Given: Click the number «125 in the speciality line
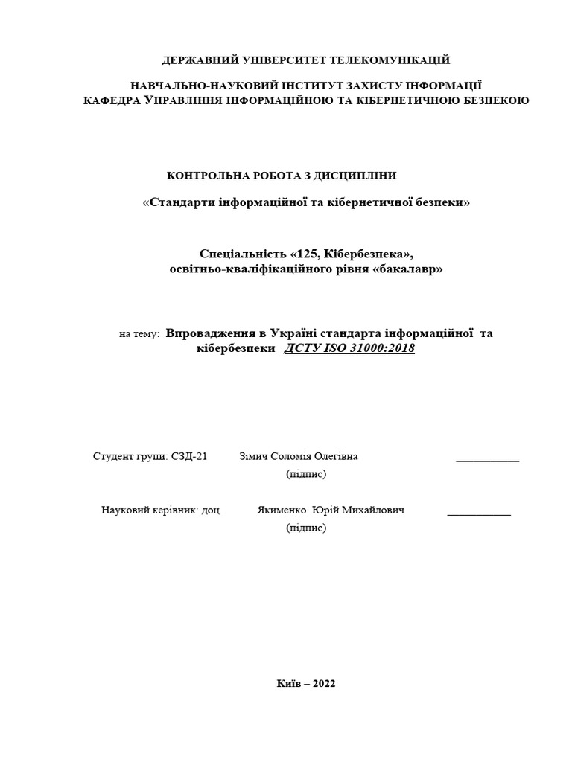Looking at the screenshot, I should click(305, 254).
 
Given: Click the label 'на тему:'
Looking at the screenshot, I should click(139, 335).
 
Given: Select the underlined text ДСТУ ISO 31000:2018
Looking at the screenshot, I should click(349, 348).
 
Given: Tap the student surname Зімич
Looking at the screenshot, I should click(255, 456).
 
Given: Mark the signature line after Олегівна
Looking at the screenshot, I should click(487, 461).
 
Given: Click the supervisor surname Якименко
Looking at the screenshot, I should click(282, 510).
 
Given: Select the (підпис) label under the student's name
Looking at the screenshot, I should click(306, 473).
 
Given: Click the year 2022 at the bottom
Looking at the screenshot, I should click(321, 685).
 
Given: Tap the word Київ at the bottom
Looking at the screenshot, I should click(289, 685).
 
